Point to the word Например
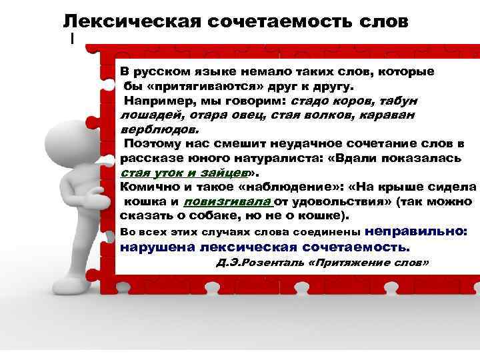click(155, 101)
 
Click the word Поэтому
click(153, 143)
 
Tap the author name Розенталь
click(273, 263)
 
